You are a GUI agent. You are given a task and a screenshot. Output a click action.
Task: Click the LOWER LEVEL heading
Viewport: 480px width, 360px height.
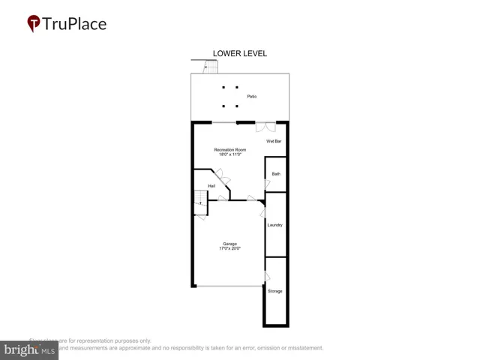click(x=240, y=53)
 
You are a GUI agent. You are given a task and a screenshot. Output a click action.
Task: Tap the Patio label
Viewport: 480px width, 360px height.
click(x=252, y=97)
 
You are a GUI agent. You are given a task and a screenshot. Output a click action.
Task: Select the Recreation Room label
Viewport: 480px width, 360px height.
click(x=230, y=150)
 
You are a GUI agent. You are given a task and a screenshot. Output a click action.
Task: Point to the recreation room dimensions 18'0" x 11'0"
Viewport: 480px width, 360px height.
click(x=230, y=155)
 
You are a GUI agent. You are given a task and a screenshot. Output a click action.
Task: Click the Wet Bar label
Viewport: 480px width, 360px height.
click(x=274, y=141)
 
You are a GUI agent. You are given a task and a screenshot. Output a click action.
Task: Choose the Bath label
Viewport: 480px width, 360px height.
click(x=276, y=174)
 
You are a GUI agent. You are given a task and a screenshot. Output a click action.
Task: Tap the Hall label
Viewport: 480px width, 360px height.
click(x=211, y=185)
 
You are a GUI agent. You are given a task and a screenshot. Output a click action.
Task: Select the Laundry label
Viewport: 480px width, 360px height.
click(x=274, y=224)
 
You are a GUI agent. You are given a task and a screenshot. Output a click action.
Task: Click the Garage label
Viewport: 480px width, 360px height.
click(x=229, y=243)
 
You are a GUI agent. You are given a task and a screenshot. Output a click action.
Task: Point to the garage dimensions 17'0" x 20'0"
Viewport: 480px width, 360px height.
click(x=229, y=248)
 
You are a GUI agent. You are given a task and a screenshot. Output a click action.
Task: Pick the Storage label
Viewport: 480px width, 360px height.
click(x=275, y=291)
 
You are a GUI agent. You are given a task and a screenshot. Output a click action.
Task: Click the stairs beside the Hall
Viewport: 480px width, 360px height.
click(x=200, y=199)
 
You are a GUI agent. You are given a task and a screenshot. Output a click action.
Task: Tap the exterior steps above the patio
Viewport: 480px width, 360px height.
click(x=211, y=67)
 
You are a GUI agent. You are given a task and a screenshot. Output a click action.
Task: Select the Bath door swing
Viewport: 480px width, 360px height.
click(x=267, y=184)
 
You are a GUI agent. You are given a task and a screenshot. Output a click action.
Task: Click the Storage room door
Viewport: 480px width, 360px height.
click(x=267, y=277)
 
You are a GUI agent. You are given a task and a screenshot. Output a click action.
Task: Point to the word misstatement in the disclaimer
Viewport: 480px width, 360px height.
click(x=301, y=348)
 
